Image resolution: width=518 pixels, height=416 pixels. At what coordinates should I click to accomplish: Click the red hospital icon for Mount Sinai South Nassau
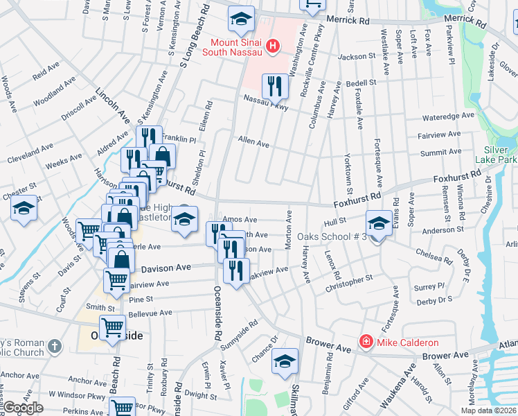click(274, 46)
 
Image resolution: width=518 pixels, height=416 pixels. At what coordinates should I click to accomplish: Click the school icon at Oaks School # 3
click(379, 223)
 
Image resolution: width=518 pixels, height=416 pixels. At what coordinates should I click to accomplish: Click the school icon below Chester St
click(24, 209)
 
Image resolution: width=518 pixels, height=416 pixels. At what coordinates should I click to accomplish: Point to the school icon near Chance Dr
click(284, 361)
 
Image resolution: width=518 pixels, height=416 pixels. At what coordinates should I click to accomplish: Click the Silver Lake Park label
click(501, 155)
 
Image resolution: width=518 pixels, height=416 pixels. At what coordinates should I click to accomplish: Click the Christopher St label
click(354, 282)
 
